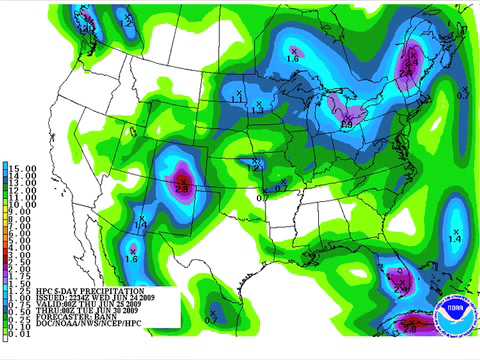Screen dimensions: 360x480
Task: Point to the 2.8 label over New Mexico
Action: [x=182, y=187]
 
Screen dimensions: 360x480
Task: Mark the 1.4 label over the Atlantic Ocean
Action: [x=454, y=239]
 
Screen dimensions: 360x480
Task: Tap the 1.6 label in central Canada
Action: [x=293, y=58]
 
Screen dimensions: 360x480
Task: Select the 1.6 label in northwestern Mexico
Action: [x=131, y=259]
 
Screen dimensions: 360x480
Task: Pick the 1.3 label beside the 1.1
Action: [x=257, y=110]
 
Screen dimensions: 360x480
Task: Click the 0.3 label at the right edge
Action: [x=462, y=95]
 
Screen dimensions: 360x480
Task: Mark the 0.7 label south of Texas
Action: [x=210, y=319]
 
